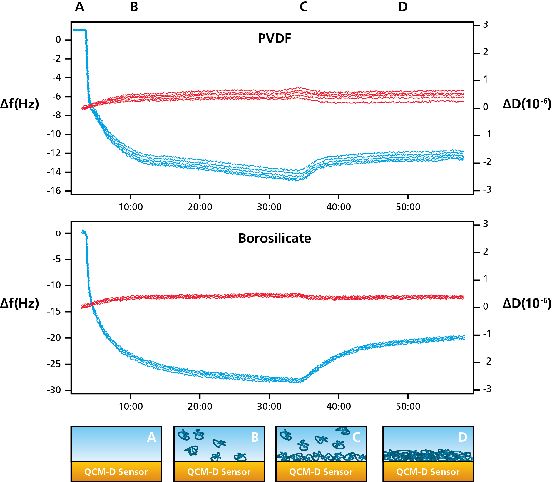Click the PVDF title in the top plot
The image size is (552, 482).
point(275,38)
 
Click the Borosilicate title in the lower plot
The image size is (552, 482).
point(275,238)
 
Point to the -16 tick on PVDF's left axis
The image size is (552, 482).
point(54,191)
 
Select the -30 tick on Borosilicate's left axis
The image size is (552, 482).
point(54,390)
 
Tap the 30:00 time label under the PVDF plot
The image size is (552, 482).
point(269,207)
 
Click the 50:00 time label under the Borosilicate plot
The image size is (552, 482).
point(408,407)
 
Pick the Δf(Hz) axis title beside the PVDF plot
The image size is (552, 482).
point(20,104)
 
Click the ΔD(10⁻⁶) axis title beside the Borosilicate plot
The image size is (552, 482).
point(527,303)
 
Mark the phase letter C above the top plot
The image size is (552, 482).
point(304,7)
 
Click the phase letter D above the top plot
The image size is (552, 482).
point(403,7)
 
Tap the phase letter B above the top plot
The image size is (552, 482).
point(134,7)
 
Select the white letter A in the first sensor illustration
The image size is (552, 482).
point(151,437)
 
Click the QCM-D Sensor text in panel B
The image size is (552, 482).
point(219,472)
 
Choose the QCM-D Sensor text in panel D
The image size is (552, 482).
point(428,472)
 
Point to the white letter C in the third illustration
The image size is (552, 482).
point(356,437)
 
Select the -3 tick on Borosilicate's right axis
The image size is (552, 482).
point(487,389)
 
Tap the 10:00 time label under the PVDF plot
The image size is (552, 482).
point(131,207)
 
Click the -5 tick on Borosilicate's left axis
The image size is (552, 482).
point(56,259)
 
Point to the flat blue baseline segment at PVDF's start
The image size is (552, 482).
point(79,30)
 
